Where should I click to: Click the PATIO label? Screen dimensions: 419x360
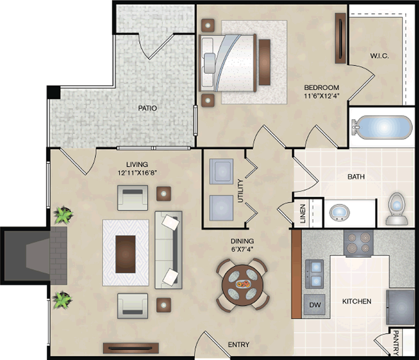click(147, 108)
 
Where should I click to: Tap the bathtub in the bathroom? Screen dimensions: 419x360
click(382, 127)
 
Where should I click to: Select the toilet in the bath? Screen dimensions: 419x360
click(397, 209)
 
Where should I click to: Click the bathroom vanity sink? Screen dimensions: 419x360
click(339, 213)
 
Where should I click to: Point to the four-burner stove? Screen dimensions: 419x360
click(358, 243)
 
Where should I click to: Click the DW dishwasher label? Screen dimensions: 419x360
click(315, 305)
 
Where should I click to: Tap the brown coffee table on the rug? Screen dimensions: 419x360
click(125, 254)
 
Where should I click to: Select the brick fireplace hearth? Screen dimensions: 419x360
click(58, 256)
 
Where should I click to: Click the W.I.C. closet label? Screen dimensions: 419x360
click(379, 56)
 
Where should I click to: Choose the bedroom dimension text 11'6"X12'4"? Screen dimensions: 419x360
click(321, 95)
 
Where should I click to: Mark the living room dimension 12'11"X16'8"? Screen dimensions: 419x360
click(137, 172)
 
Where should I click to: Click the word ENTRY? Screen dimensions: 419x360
click(239, 345)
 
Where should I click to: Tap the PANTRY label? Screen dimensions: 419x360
click(396, 342)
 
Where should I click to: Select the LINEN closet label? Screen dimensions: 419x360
click(303, 214)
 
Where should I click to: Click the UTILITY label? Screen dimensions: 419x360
click(241, 191)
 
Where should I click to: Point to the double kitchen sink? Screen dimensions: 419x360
click(315, 274)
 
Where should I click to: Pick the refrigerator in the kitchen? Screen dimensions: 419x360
click(401, 307)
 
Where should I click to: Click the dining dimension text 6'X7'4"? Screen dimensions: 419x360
click(242, 249)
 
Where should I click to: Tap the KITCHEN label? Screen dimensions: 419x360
click(357, 301)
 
